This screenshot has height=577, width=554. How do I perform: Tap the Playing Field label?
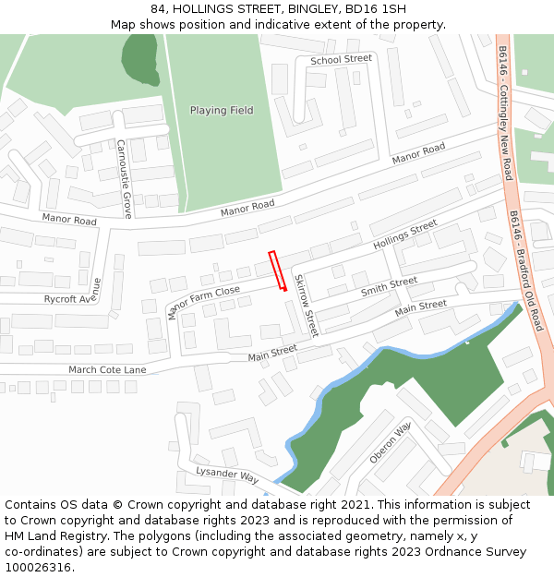(222, 111)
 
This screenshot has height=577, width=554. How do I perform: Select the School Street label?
(341, 59)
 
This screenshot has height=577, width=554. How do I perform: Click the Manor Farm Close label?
(203, 303)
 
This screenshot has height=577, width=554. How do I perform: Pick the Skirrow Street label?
(305, 305)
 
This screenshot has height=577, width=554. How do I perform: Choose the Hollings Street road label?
(404, 235)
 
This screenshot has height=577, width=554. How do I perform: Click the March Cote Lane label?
(107, 369)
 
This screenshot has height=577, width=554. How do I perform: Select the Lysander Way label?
(226, 475)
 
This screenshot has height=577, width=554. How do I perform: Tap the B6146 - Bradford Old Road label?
(526, 270)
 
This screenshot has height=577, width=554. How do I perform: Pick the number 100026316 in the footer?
(38, 568)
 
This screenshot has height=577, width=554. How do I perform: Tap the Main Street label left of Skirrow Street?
(272, 351)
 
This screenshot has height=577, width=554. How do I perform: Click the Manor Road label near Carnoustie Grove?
(69, 221)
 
